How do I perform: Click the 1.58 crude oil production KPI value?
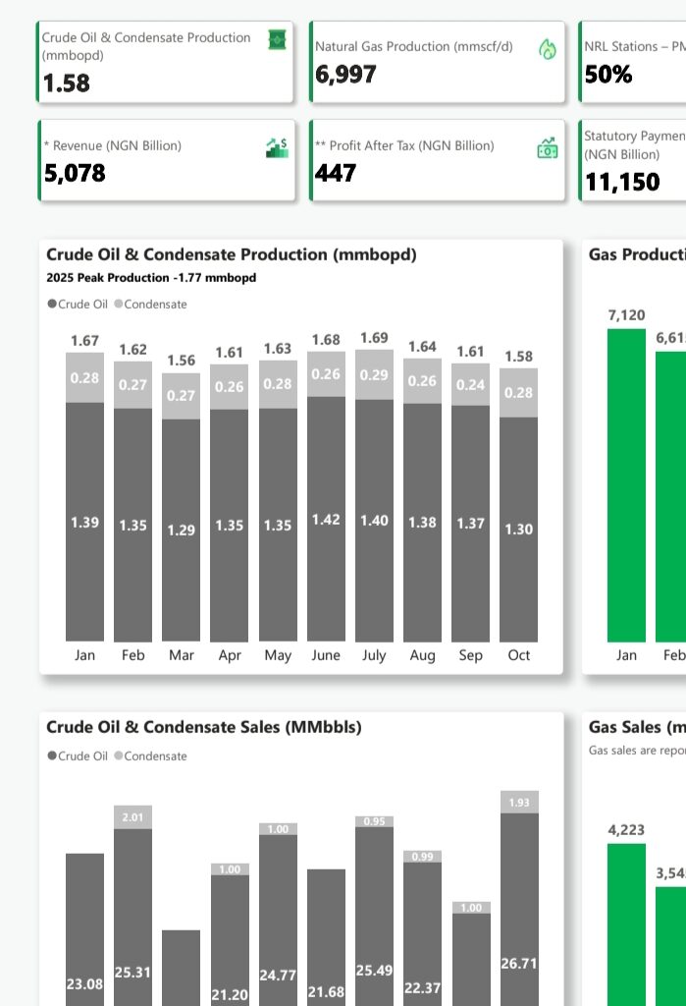tap(67, 84)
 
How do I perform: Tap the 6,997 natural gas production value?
tap(345, 75)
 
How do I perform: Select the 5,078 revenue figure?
tap(75, 174)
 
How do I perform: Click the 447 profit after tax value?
tap(336, 174)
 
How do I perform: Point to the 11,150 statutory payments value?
tap(622, 182)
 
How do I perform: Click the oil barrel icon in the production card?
tap(278, 39)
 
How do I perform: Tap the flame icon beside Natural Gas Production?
tap(548, 49)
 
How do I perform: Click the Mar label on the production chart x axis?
tap(182, 655)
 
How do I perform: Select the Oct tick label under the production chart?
tap(519, 655)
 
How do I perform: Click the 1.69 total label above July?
tap(374, 338)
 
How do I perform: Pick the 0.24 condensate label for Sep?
tap(470, 385)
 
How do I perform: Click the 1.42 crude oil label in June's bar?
tap(326, 519)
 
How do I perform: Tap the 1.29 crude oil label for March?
tap(182, 530)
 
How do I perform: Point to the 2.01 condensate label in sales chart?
tap(133, 817)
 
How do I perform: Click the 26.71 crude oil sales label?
tap(519, 964)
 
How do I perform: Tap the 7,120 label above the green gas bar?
tap(627, 315)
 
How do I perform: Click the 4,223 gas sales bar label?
tap(627, 830)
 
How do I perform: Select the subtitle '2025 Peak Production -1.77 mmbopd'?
tap(151, 278)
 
